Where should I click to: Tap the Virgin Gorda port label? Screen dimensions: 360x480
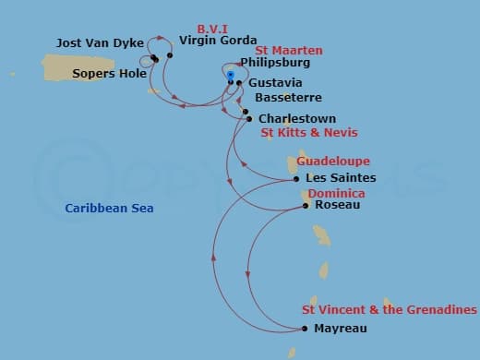click(218, 41)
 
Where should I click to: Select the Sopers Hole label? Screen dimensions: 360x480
click(110, 73)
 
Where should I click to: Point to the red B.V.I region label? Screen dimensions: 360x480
click(212, 29)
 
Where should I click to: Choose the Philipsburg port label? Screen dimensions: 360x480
click(274, 63)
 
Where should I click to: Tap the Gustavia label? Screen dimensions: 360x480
click(270, 83)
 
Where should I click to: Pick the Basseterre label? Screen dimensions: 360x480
click(288, 96)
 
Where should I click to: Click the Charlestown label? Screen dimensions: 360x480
click(297, 119)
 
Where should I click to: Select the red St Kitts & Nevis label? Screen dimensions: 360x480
click(309, 133)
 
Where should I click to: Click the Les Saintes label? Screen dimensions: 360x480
click(341, 177)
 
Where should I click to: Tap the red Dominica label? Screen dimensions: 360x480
click(336, 194)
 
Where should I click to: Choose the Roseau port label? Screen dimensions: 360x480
click(338, 205)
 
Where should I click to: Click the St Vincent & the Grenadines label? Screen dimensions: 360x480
click(390, 310)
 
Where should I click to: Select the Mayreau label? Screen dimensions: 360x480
click(342, 329)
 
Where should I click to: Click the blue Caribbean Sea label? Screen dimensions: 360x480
click(109, 209)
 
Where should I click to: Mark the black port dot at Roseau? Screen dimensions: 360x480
click(306, 206)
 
